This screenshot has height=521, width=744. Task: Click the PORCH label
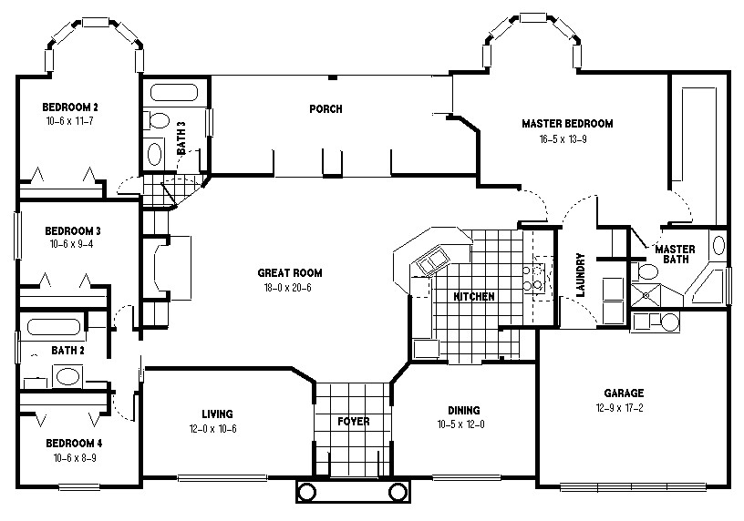click(x=325, y=109)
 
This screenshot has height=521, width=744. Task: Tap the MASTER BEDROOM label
click(x=567, y=124)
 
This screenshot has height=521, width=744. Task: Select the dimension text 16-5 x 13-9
click(x=567, y=139)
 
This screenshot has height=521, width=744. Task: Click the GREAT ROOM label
click(x=289, y=272)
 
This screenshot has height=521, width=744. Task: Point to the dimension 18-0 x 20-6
click(x=289, y=288)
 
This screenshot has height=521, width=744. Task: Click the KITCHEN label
click(x=474, y=297)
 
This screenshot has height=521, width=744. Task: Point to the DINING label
click(x=463, y=411)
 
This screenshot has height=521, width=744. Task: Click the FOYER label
click(x=353, y=422)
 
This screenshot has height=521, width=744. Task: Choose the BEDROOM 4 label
click(x=74, y=444)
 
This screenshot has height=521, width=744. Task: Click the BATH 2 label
click(x=67, y=350)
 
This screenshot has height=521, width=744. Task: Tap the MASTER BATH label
click(x=676, y=254)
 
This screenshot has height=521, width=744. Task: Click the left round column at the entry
click(x=307, y=492)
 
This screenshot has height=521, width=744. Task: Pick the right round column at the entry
click(x=398, y=492)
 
